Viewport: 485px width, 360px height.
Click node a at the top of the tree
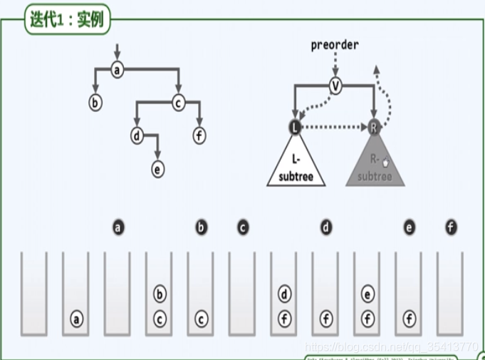118,69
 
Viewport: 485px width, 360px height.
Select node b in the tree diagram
95,103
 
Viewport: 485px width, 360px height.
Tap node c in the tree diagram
178,103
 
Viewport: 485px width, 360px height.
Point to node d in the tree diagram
137,135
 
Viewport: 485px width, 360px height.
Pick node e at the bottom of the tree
157,169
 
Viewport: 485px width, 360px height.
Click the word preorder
335,45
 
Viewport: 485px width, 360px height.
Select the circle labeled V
335,86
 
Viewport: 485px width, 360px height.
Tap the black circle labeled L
295,127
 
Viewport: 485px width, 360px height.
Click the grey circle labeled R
375,127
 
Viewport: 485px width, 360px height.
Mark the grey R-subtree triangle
375,168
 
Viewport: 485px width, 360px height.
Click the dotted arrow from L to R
335,128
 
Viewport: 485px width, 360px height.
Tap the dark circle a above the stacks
118,227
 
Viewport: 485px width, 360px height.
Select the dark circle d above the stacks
325,227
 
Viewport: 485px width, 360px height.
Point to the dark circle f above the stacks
450,227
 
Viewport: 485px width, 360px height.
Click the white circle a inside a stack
76,319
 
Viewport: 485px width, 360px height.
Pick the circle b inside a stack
160,293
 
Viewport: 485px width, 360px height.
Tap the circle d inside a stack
284,293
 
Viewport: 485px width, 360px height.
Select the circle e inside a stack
367,293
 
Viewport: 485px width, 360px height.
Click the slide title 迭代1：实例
67,19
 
